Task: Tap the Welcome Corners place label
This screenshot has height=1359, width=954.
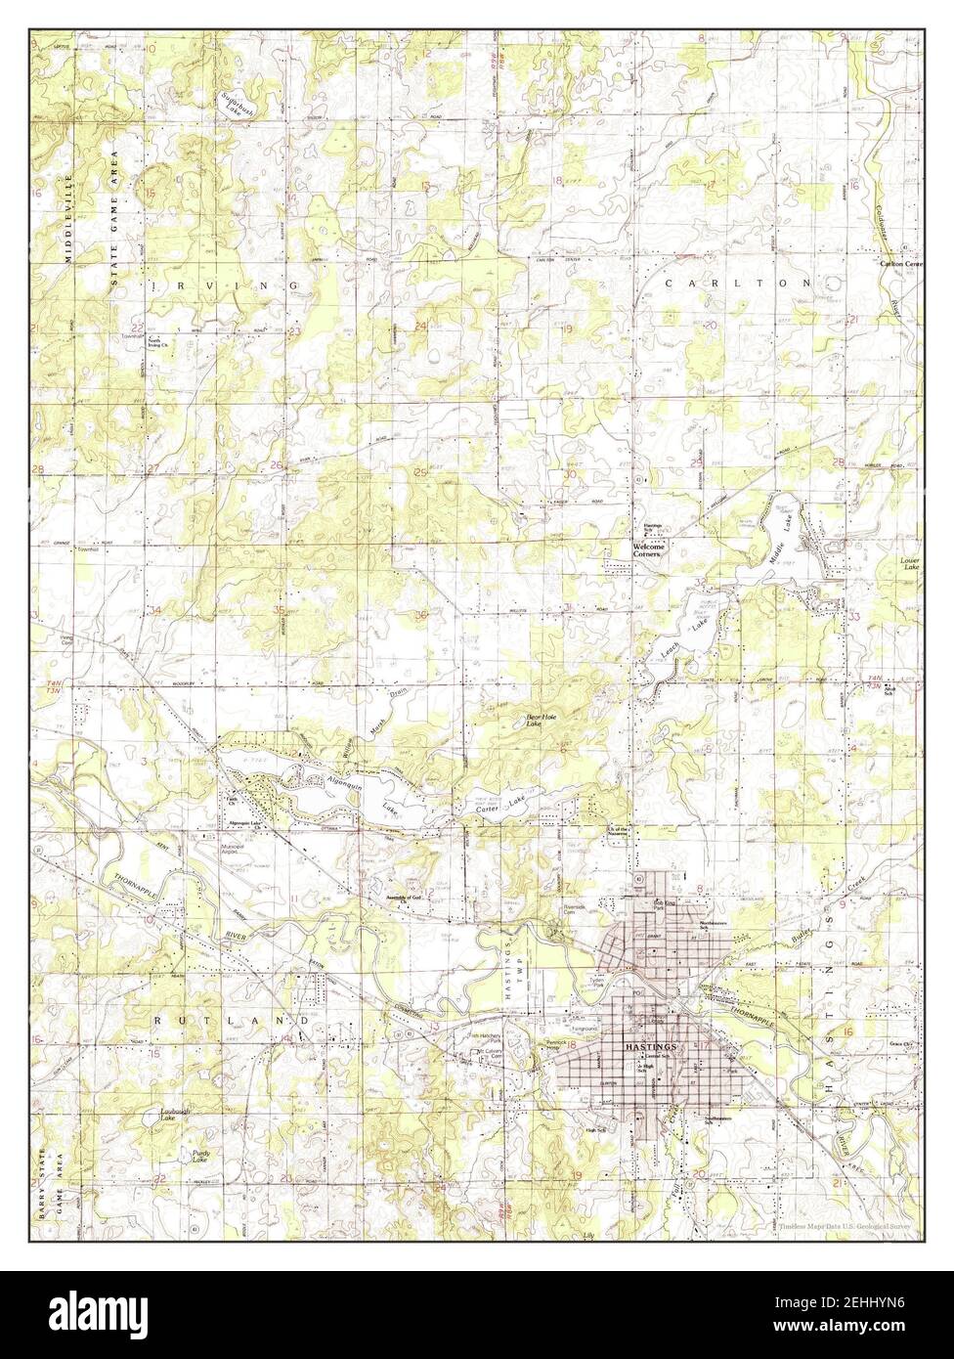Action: (649, 550)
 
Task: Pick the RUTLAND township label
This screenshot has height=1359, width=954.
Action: (232, 1020)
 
